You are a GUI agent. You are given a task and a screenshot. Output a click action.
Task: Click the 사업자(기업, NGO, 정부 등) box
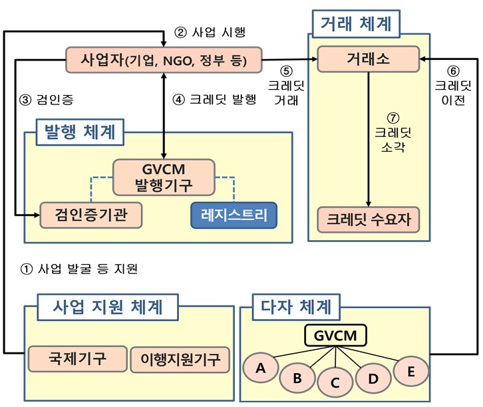tap(164, 61)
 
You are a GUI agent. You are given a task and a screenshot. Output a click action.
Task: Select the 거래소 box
tap(368, 59)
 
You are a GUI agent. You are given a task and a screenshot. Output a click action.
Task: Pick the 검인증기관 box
tap(91, 213)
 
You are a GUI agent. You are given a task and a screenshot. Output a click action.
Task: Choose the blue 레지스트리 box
tap(234, 213)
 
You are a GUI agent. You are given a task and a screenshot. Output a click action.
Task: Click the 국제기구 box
tap(77, 359)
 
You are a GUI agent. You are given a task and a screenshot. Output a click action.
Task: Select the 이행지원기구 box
tap(180, 359)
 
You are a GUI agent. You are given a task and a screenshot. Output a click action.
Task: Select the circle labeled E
tap(410, 372)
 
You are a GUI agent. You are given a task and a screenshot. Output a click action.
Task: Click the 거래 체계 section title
tap(355, 26)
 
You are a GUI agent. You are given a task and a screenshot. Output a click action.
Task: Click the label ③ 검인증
tap(47, 100)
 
